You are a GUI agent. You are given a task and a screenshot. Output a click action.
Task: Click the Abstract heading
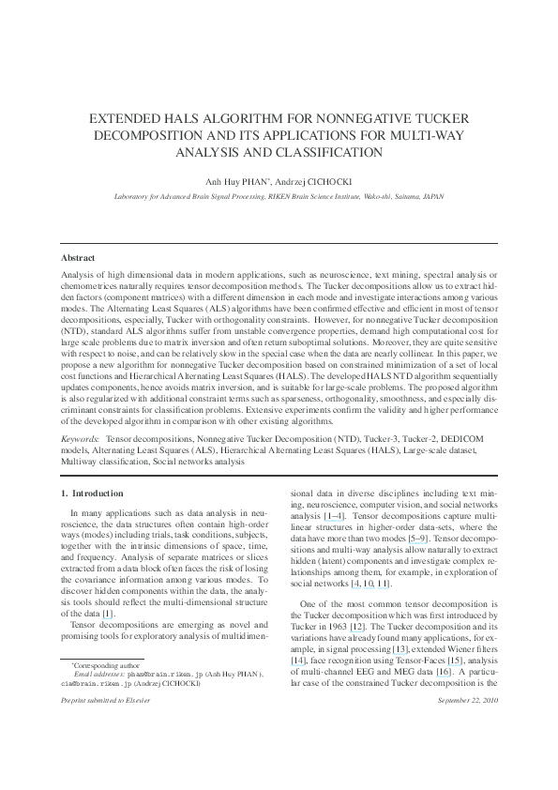78,257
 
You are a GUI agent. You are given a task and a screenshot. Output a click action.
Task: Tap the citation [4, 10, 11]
370,583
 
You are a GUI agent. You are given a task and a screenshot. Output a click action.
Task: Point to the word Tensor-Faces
412,634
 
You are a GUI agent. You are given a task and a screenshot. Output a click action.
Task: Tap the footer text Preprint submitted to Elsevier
102,700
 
